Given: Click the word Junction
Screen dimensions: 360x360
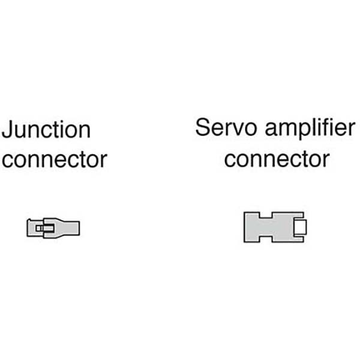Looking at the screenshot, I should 46,130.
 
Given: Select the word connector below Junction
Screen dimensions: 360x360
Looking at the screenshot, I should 55,160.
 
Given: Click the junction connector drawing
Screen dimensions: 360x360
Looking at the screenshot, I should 53,228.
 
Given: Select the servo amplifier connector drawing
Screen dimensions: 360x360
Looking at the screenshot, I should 276,227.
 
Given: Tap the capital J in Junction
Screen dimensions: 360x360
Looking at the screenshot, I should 8,130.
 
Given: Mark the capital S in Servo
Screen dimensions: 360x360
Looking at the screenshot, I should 202,128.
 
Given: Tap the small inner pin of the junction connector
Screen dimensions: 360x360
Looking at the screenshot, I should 41,228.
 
